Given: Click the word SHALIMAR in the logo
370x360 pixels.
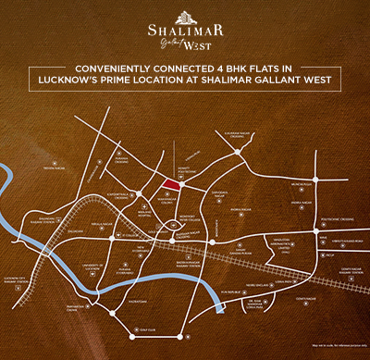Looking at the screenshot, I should pyautogui.click(x=185, y=29).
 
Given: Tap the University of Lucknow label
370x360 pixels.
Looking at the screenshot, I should pyautogui.click(x=92, y=267).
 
